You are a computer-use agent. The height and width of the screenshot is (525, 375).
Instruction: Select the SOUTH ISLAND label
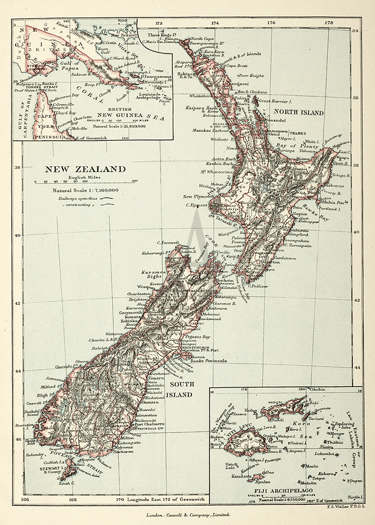pos(181,389)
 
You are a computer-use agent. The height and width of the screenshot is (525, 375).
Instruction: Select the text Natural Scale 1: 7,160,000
pos(85,190)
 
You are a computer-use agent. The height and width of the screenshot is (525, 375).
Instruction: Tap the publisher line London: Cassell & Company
pos(188,515)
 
